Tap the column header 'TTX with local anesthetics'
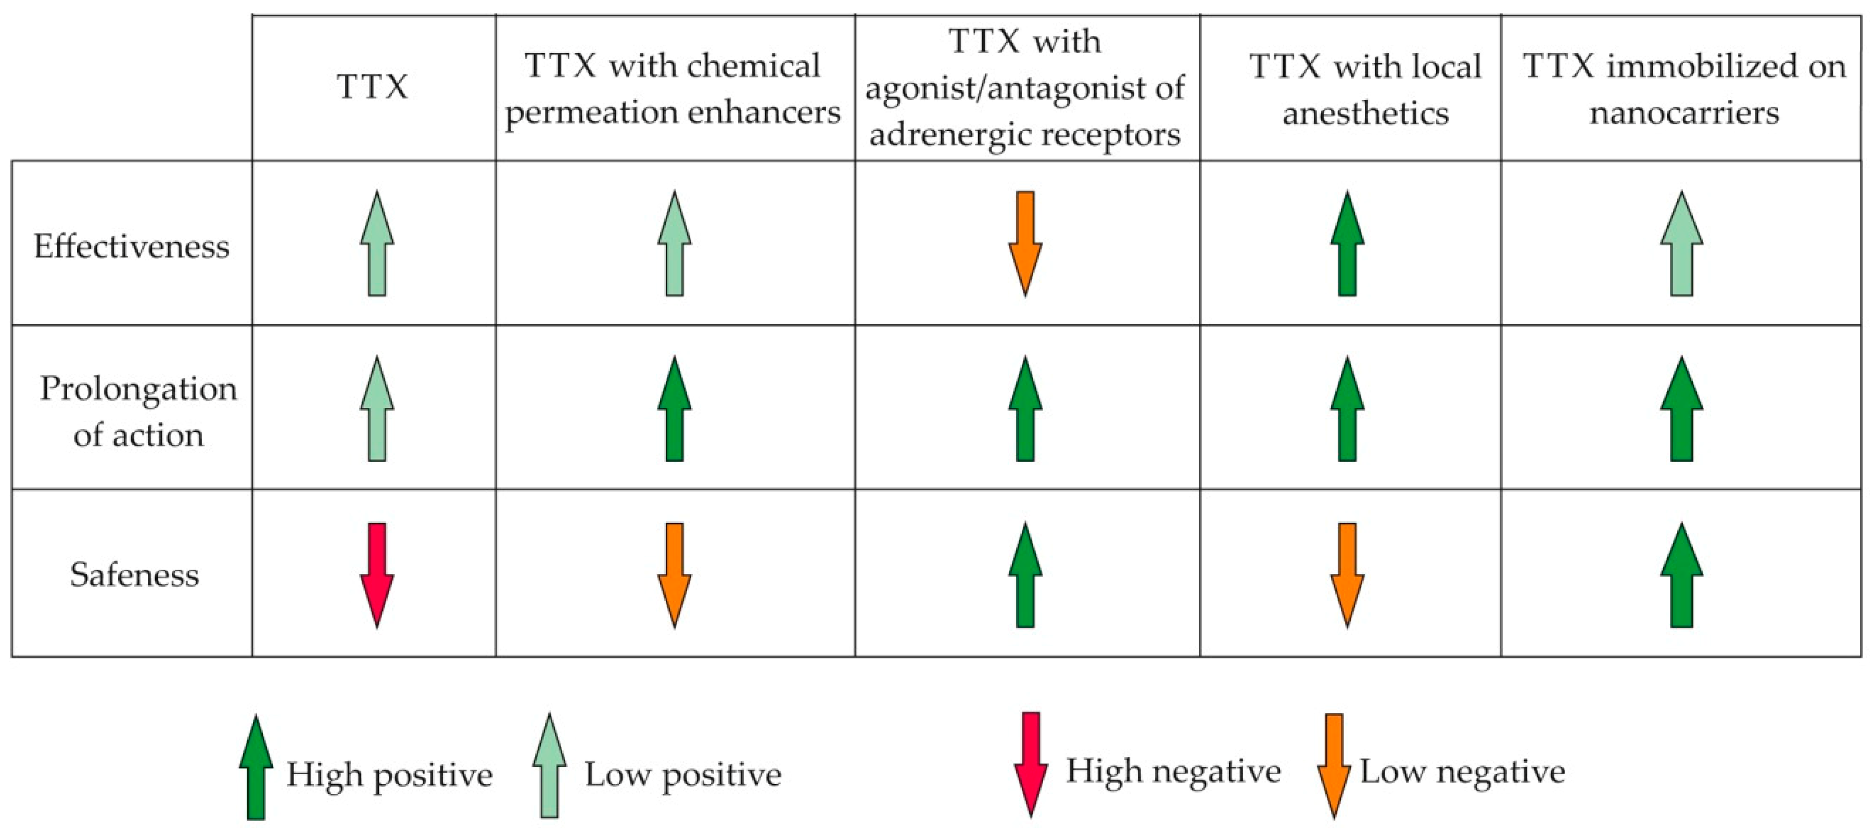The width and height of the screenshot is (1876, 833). pyautogui.click(x=1365, y=89)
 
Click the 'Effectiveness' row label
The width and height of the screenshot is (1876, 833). pyautogui.click(x=132, y=246)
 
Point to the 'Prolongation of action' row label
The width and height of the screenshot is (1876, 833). pyautogui.click(x=138, y=412)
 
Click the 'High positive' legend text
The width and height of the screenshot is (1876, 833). pyautogui.click(x=390, y=774)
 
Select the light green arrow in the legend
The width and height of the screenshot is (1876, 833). pyautogui.click(x=549, y=766)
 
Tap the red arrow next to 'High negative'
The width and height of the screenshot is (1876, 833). pyautogui.click(x=1031, y=764)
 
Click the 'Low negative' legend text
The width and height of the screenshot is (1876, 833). pyautogui.click(x=1462, y=772)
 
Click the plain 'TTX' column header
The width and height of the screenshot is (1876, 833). pyautogui.click(x=373, y=87)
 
